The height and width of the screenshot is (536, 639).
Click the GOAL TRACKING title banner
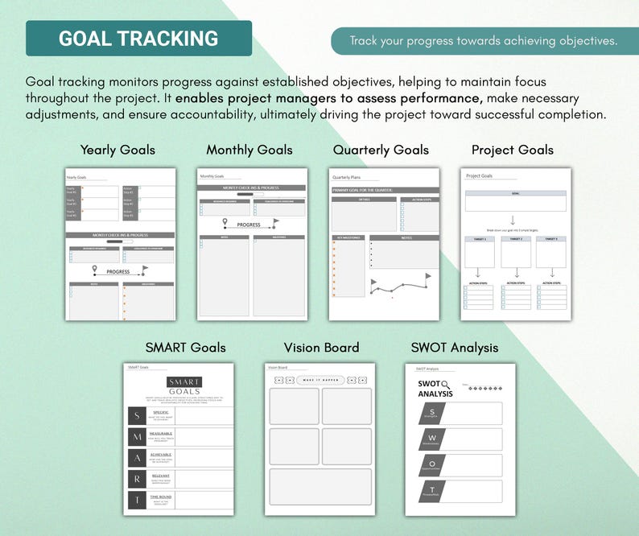coord(138,39)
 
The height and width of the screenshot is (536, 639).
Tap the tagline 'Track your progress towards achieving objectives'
coord(484,41)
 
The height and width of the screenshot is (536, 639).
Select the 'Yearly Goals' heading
coord(117,150)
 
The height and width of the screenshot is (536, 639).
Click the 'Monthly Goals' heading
coord(249,150)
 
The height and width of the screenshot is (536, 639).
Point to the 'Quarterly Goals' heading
coord(381,150)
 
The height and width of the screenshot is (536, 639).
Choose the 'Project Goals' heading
coord(513,150)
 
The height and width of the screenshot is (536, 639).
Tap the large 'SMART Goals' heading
coord(185,348)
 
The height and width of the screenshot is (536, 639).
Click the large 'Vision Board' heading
coord(321,348)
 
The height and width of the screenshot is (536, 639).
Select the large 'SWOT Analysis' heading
coord(455,348)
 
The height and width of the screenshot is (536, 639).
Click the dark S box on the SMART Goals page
coord(136,415)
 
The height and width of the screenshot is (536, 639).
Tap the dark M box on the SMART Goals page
coord(137,436)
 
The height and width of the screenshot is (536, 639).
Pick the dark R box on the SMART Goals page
coord(136,479)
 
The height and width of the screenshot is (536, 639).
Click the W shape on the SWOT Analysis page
coord(431,439)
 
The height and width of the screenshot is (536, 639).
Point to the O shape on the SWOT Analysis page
coord(431,465)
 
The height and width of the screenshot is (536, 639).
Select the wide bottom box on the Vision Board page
coord(320,487)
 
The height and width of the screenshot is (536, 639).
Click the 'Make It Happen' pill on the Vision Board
coord(320,380)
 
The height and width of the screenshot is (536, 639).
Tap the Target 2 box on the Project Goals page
coord(516,252)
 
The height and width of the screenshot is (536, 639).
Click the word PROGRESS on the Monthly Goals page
coord(249,225)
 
